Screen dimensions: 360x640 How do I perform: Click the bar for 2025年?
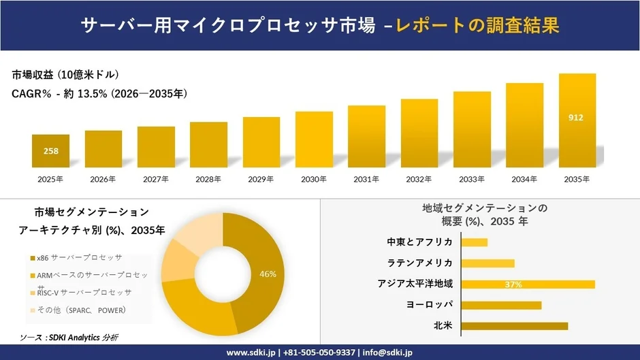pyautogui.click(x=50, y=151)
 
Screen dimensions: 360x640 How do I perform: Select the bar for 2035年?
pyautogui.click(x=577, y=120)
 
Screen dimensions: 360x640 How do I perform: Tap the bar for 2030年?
pyautogui.click(x=314, y=140)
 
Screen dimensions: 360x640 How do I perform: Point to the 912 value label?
pyautogui.click(x=576, y=118)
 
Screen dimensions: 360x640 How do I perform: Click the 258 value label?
pyautogui.click(x=50, y=151)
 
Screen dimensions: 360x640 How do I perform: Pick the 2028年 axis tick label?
pyautogui.click(x=208, y=179)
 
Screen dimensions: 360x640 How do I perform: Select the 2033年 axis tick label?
pyautogui.click(x=471, y=179)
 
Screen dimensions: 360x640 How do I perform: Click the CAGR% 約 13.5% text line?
pyautogui.click(x=99, y=93)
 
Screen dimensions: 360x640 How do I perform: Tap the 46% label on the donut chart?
pyautogui.click(x=268, y=274)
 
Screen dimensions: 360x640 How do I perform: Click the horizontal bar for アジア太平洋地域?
pyautogui.click(x=528, y=284)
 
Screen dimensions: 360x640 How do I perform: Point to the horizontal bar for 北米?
pyautogui.click(x=514, y=326)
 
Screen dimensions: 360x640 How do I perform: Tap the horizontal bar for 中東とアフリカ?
pyautogui.click(x=475, y=242)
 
